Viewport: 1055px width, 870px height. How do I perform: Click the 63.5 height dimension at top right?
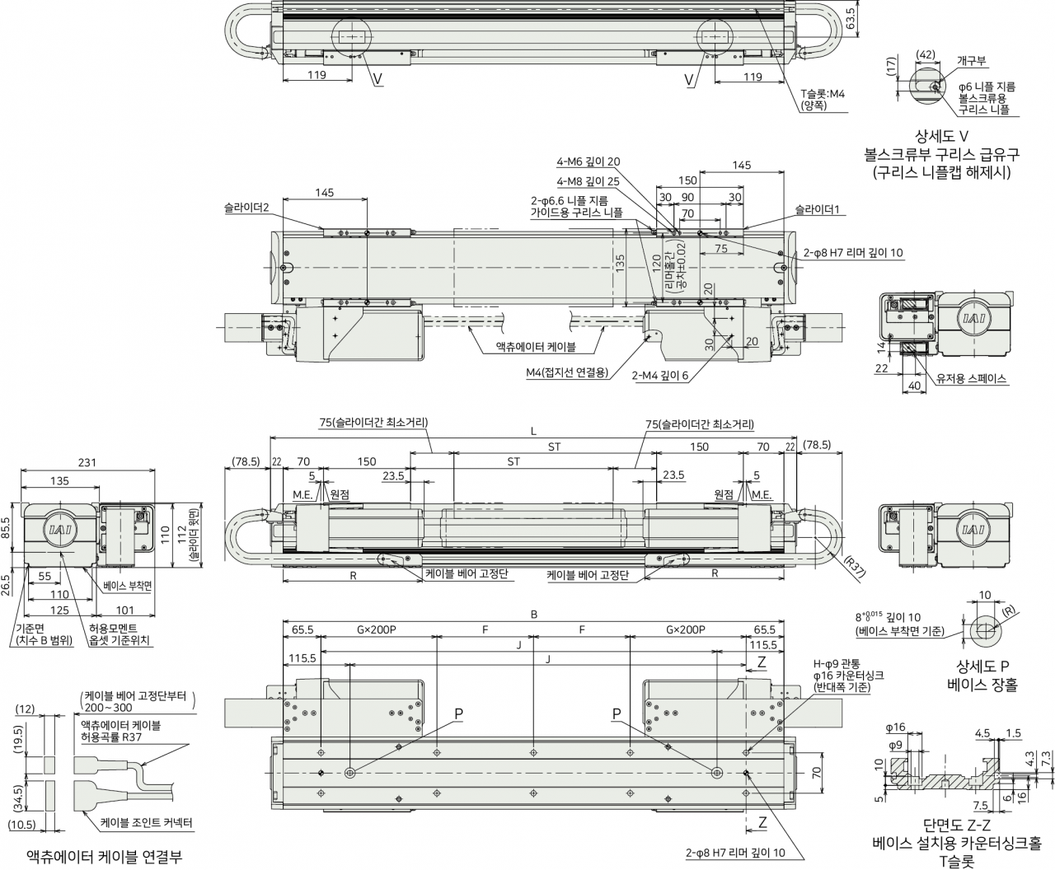pyautogui.click(x=850, y=18)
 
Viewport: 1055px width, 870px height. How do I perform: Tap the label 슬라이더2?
pyautogui.click(x=246, y=208)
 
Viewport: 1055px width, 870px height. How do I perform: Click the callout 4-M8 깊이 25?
pyautogui.click(x=588, y=181)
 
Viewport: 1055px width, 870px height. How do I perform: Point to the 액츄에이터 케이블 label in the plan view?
pyautogui.click(x=536, y=347)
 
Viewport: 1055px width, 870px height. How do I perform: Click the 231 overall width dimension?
pyautogui.click(x=87, y=462)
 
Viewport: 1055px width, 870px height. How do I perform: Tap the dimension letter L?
pyautogui.click(x=533, y=431)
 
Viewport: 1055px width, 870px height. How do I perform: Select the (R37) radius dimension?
pyautogui.click(x=855, y=565)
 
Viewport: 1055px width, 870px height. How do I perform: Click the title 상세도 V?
pyautogui.click(x=942, y=136)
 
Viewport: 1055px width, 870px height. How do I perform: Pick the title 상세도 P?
pyautogui.click(x=982, y=667)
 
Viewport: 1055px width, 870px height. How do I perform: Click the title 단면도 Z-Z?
pyautogui.click(x=956, y=826)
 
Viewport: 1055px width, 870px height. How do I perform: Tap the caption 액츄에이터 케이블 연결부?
pyautogui.click(x=104, y=856)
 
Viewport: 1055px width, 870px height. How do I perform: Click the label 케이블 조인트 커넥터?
pyautogui.click(x=147, y=823)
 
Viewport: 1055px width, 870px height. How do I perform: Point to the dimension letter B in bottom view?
pyautogui.click(x=533, y=615)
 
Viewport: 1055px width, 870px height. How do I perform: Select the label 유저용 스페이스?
pyautogui.click(x=971, y=378)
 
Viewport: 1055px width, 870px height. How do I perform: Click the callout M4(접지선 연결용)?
pyautogui.click(x=567, y=373)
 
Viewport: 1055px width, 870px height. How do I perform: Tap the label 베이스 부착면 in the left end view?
pyautogui.click(x=127, y=586)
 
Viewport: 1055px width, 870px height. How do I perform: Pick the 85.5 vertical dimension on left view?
pyautogui.click(x=6, y=527)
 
